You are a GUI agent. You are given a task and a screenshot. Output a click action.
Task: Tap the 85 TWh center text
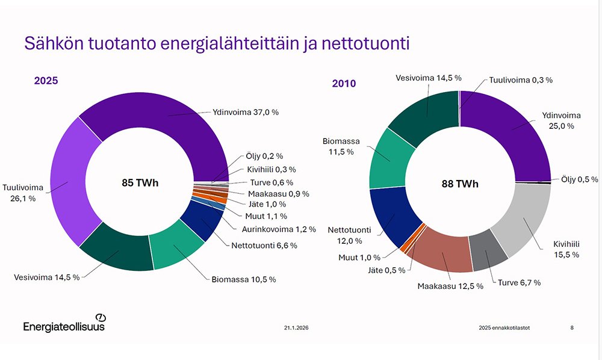140,182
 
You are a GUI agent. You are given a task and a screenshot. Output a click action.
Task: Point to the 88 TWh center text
460,184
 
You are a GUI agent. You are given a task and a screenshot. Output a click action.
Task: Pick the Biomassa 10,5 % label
243,279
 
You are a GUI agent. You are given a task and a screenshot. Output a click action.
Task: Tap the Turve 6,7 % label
519,282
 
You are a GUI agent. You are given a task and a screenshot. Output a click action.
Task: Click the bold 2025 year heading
46,80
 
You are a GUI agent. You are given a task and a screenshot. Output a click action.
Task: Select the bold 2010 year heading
344,83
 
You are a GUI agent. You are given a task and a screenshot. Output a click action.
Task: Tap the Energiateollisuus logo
64,324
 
